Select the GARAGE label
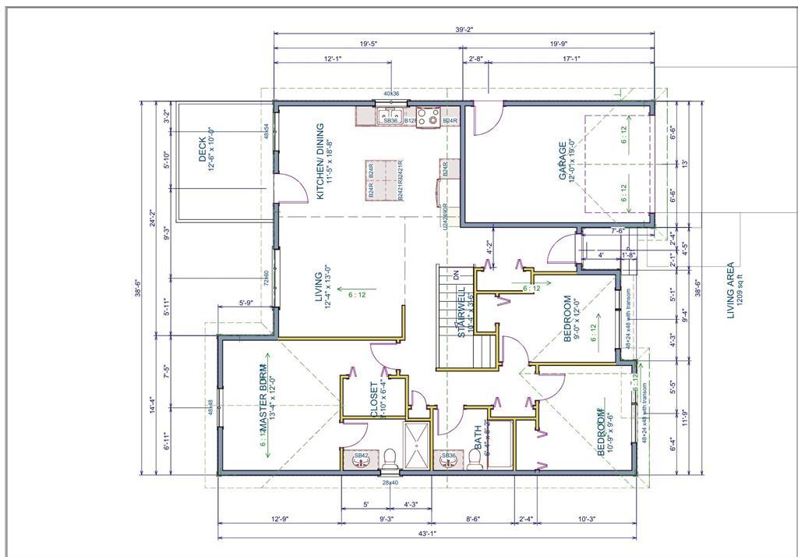click(x=567, y=160)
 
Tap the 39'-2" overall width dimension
click(x=464, y=29)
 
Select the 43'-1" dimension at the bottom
click(x=427, y=534)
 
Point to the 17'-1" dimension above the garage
click(x=570, y=59)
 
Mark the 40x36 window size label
click(x=391, y=94)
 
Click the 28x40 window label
click(x=390, y=483)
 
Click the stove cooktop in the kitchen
click(x=427, y=117)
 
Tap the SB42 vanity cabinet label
click(x=362, y=455)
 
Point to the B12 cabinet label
click(x=408, y=121)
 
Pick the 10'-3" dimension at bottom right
click(x=587, y=519)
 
